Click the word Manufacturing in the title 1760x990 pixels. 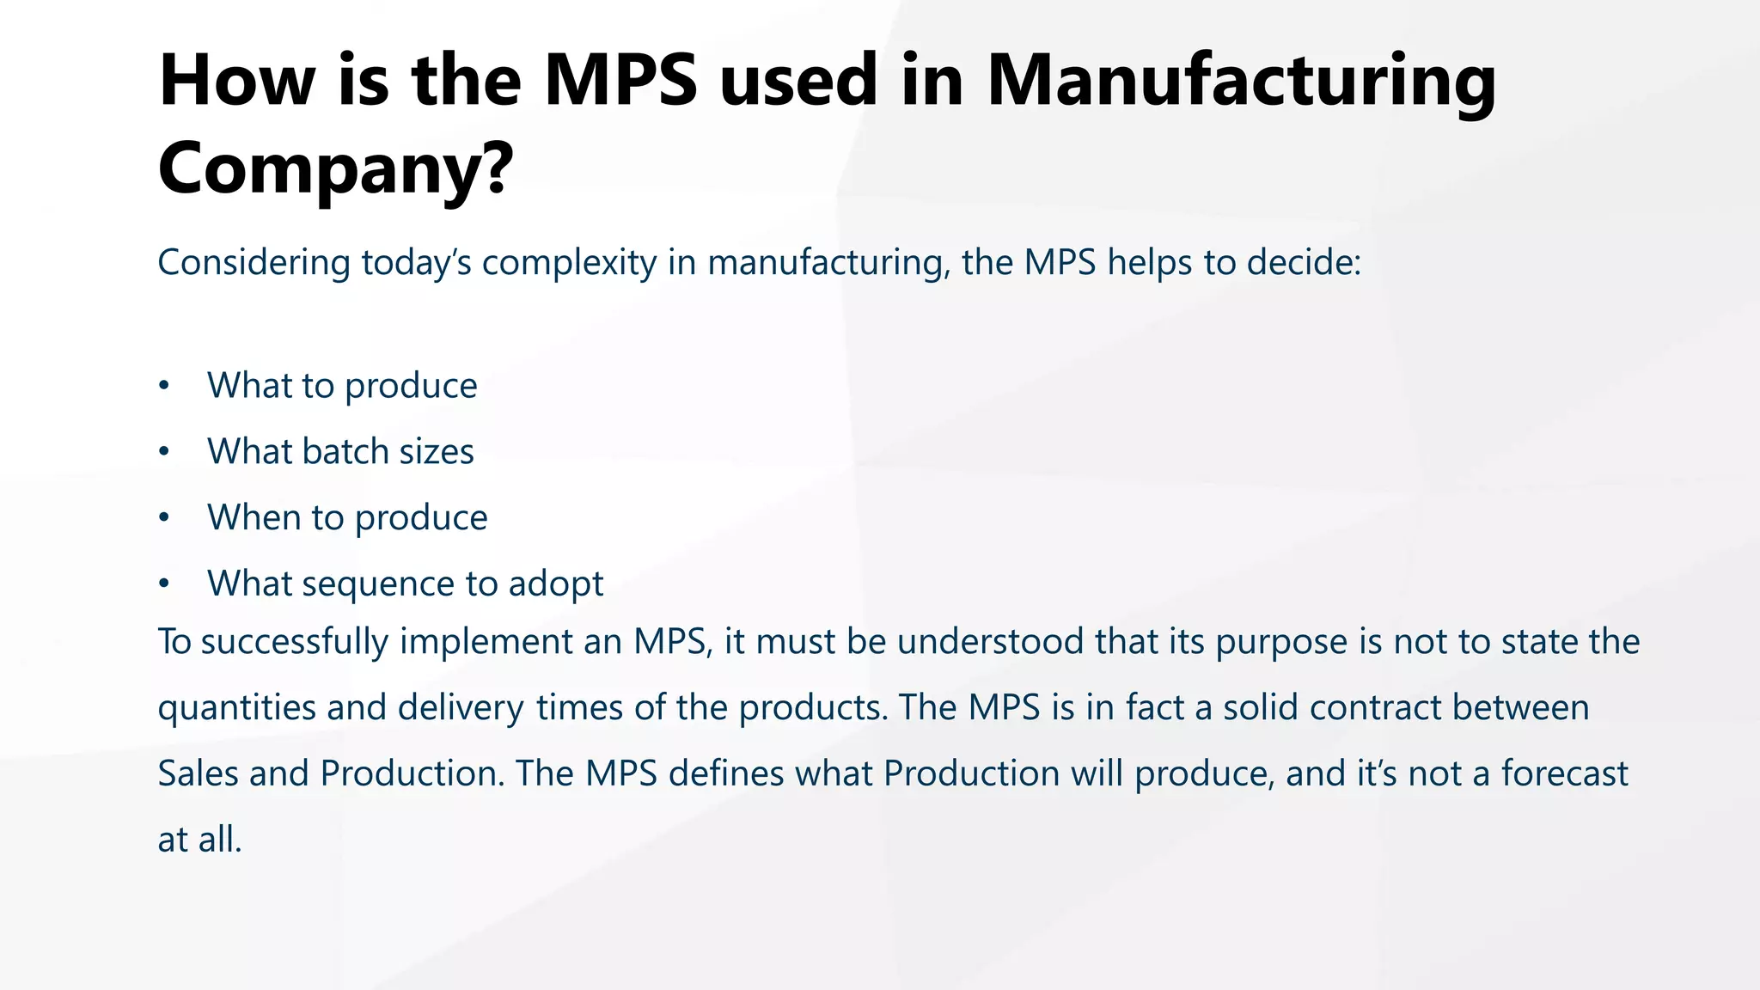pos(1241,82)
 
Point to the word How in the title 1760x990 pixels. pos(236,82)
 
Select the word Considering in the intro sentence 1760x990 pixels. pos(254,263)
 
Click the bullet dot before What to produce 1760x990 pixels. pos(164,386)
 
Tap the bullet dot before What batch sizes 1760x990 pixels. pos(164,452)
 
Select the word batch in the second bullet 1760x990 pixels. pos(351,452)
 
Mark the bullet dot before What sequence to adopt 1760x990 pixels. pos(164,584)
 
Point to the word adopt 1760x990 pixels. pos(556,584)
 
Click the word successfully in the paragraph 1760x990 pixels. pos(294,643)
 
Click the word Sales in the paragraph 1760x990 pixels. pos(198,774)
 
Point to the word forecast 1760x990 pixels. pos(1564,774)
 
